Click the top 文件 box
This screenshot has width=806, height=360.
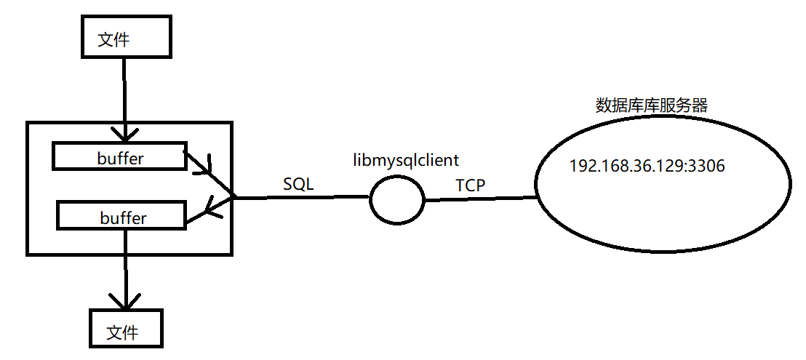click(x=124, y=39)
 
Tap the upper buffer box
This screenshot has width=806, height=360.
click(x=119, y=157)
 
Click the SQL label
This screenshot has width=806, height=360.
click(x=298, y=184)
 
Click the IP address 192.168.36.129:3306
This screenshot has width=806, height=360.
click(x=647, y=167)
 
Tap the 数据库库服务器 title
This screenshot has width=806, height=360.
click(x=651, y=105)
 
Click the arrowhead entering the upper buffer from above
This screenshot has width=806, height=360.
click(x=125, y=134)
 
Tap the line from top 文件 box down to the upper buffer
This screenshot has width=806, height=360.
click(x=125, y=95)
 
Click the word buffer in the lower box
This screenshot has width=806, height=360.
click(x=121, y=217)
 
